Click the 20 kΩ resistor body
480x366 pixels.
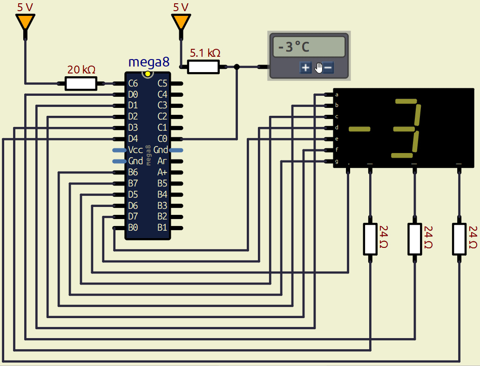click(x=81, y=84)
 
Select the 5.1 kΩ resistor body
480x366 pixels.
click(x=203, y=67)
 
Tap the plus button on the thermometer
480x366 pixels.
click(x=305, y=68)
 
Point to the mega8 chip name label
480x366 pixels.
click(x=149, y=62)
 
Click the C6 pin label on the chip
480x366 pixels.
click(x=133, y=84)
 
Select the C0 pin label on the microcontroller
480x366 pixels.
click(x=162, y=139)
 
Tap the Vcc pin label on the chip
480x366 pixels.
click(x=135, y=150)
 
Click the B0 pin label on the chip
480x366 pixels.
click(x=133, y=228)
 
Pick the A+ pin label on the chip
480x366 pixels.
click(x=162, y=172)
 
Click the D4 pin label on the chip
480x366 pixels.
click(x=133, y=139)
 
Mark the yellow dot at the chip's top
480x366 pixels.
click(x=148, y=73)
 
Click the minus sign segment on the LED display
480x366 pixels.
click(x=359, y=129)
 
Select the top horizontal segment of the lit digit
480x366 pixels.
click(x=406, y=101)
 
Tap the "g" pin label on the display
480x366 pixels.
click(x=337, y=161)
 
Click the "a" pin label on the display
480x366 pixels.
click(x=337, y=94)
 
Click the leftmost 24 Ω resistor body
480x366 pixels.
click(x=370, y=239)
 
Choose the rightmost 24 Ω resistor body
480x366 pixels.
click(x=460, y=239)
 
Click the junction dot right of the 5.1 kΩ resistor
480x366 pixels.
click(x=237, y=67)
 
